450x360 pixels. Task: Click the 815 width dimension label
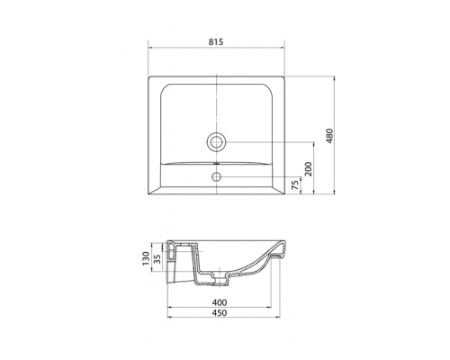[216, 41]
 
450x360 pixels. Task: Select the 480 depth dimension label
[329, 136]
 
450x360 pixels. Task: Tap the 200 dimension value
[308, 169]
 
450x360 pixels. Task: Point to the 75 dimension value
[295, 184]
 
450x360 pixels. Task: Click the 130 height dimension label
[146, 258]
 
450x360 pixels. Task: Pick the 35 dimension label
[157, 258]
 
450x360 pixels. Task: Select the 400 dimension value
[220, 302]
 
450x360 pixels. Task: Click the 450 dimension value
[220, 313]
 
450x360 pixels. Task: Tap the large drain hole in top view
[216, 141]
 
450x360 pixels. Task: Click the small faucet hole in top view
[216, 176]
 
